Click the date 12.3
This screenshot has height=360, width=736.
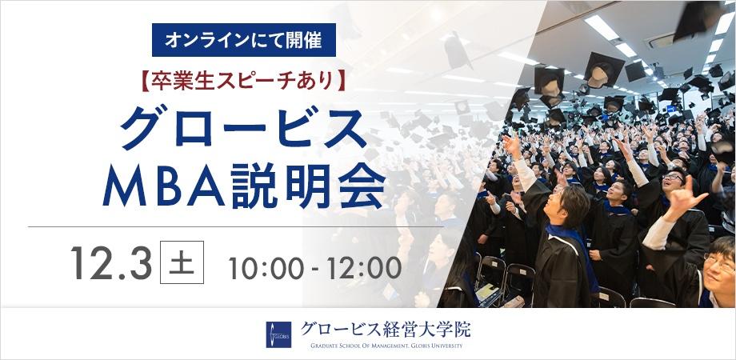[110, 263]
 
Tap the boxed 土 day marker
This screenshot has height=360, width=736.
[182, 263]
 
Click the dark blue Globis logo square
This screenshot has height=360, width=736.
[278, 334]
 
